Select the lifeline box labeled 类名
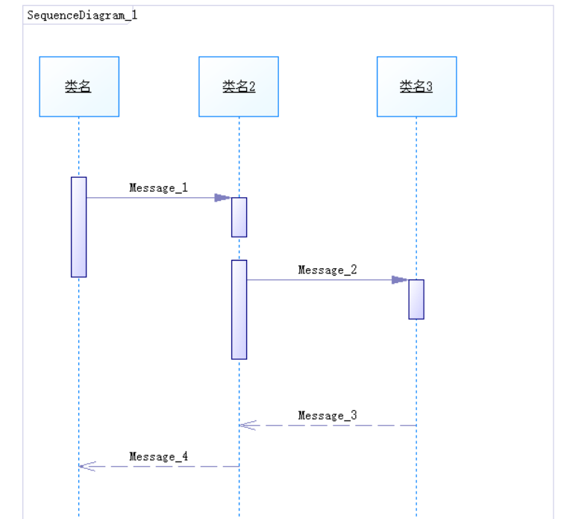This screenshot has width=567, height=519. tap(79, 87)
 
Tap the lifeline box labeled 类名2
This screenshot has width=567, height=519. tap(239, 87)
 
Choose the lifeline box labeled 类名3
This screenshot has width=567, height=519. tap(416, 87)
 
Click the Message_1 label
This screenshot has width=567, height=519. tap(158, 187)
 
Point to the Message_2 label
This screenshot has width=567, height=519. tap(328, 270)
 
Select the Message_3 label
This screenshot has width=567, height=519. tap(328, 415)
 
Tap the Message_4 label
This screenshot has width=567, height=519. tap(158, 456)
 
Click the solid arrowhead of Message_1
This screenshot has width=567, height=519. tap(222, 198)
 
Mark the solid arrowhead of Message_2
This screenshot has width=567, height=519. tap(400, 280)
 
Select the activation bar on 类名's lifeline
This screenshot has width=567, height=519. tap(79, 227)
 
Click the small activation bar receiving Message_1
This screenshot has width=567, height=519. tap(239, 217)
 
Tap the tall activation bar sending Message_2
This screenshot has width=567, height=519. tap(239, 310)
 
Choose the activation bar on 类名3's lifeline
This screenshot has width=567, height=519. tap(416, 299)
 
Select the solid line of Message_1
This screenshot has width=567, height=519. tap(149, 198)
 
